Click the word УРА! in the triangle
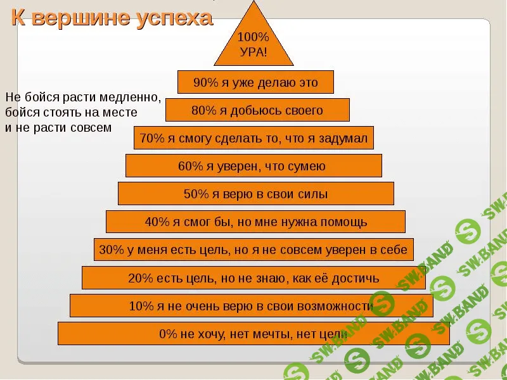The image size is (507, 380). (x=253, y=51)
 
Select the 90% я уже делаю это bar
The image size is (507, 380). (x=255, y=82)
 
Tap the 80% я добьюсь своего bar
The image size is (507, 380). (x=257, y=110)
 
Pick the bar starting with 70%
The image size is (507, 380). (x=253, y=138)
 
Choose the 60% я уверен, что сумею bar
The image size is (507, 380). (x=253, y=166)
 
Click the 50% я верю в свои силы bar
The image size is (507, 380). (x=256, y=194)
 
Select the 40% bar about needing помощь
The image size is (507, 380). (x=255, y=222)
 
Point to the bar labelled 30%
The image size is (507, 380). (x=253, y=250)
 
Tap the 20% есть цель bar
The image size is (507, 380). (x=253, y=278)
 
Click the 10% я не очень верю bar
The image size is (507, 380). (x=251, y=306)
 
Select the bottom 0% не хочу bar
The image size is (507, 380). (x=253, y=334)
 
